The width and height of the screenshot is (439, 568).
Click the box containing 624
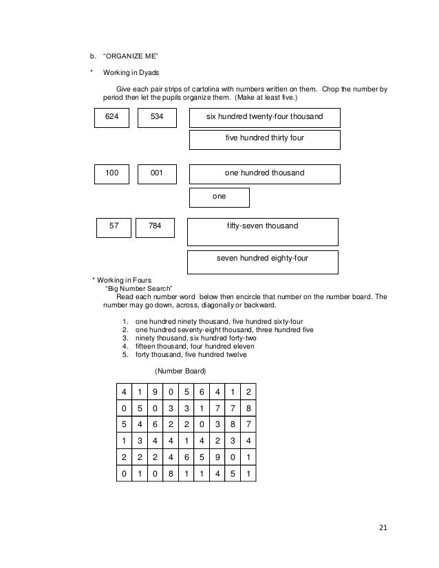pyautogui.click(x=111, y=118)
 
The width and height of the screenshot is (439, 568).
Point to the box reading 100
pyautogui.click(x=111, y=173)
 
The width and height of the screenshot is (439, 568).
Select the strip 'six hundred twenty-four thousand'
pyautogui.click(x=264, y=118)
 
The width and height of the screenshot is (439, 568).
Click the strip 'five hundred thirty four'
pyautogui.click(x=264, y=139)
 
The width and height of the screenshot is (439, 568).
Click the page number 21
pyautogui.click(x=383, y=528)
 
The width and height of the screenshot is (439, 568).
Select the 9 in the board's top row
pyautogui.click(x=155, y=392)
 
